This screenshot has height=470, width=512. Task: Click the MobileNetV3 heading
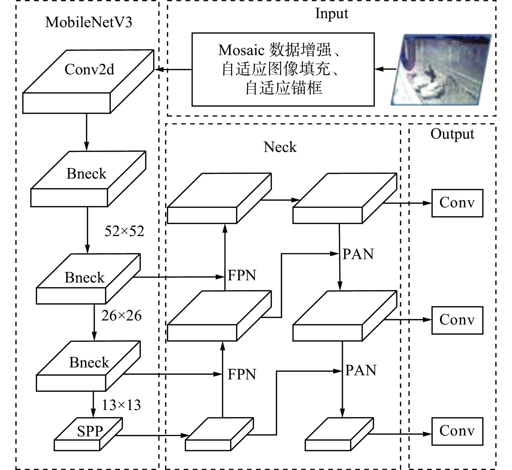(x=89, y=22)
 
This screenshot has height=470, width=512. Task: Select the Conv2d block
(x=88, y=81)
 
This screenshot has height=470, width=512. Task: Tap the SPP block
(x=88, y=434)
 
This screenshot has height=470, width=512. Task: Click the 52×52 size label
(x=124, y=231)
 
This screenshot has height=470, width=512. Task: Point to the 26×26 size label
(x=121, y=316)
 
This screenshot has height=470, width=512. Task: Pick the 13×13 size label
(x=121, y=405)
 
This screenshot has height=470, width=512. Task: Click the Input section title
(x=332, y=14)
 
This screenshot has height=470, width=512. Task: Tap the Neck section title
(x=280, y=147)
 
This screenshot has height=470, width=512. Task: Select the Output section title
(x=452, y=134)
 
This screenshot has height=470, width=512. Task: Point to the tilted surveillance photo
(x=441, y=69)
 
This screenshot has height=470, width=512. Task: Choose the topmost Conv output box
(x=457, y=203)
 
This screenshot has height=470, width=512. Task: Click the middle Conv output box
(x=457, y=320)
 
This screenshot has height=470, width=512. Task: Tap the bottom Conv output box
(x=457, y=431)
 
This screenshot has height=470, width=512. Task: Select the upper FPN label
(x=242, y=275)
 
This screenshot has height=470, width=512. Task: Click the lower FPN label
(x=242, y=374)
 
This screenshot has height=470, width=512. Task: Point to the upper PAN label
(x=358, y=254)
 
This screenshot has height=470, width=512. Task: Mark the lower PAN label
(x=361, y=370)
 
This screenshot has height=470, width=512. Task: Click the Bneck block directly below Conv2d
(x=88, y=179)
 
